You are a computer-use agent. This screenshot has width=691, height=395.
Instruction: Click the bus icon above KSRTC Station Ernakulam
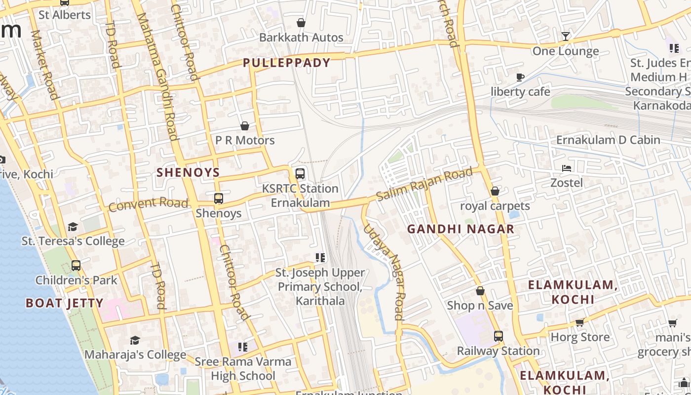pyautogui.click(x=300, y=174)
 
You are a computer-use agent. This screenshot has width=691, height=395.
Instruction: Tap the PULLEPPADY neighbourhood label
pyautogui.click(x=286, y=63)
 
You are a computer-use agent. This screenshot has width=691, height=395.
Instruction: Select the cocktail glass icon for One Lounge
pyautogui.click(x=566, y=36)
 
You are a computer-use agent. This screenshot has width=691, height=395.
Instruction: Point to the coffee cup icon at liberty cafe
pyautogui.click(x=520, y=77)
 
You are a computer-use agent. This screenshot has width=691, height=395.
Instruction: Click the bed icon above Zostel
pyautogui.click(x=567, y=168)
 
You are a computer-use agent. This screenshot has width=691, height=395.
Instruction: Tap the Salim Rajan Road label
pyautogui.click(x=424, y=185)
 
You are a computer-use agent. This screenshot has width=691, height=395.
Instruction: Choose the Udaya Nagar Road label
pyautogui.click(x=384, y=271)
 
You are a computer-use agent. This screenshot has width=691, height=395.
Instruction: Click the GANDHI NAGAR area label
pyautogui.click(x=461, y=229)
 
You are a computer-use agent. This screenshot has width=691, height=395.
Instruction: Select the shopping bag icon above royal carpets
pyautogui.click(x=495, y=191)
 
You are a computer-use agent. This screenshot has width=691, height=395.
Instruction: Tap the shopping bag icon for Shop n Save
pyautogui.click(x=480, y=291)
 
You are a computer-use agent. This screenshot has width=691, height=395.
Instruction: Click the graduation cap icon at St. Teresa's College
pyautogui.click(x=73, y=227)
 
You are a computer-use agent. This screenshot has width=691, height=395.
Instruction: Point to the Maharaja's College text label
pyautogui.click(x=135, y=355)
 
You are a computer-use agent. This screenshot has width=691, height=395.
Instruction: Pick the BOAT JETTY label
pyautogui.click(x=64, y=303)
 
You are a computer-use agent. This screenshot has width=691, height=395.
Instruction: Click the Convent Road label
pyautogui.click(x=148, y=203)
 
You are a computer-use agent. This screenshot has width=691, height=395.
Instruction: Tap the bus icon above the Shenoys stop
pyautogui.click(x=218, y=198)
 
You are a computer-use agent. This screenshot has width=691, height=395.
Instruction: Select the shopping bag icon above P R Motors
pyautogui.click(x=245, y=126)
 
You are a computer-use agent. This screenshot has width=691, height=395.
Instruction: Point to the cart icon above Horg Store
pyautogui.click(x=580, y=323)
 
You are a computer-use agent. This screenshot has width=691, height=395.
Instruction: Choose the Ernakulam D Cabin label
pyautogui.click(x=608, y=140)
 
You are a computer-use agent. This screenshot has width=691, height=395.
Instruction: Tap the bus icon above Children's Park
pyautogui.click(x=76, y=266)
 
